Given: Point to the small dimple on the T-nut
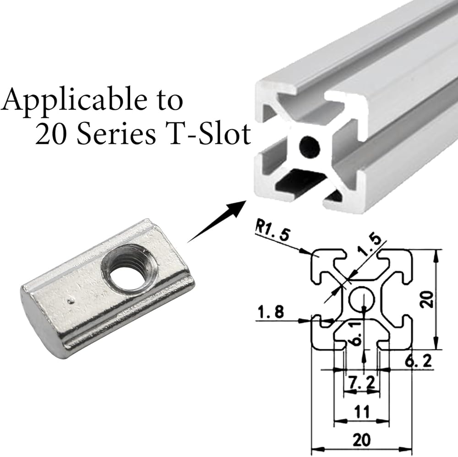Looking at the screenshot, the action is pyautogui.click(x=70, y=300).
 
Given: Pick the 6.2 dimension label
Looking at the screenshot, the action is pyautogui.click(x=418, y=362).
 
